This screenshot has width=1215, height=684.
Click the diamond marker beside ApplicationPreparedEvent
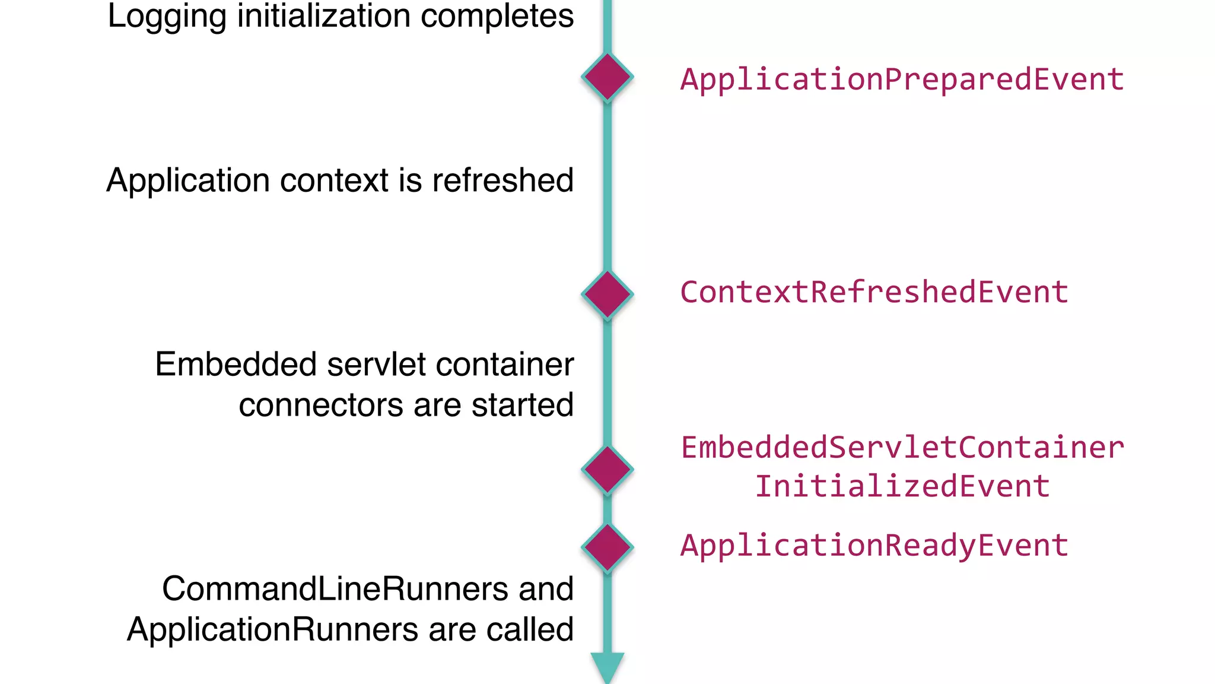click(x=607, y=77)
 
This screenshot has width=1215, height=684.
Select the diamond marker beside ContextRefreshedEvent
click(x=607, y=294)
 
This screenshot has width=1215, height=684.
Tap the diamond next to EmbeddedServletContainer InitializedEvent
click(x=607, y=469)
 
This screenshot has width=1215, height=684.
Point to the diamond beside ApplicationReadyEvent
click(x=607, y=547)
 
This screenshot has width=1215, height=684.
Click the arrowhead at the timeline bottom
click(x=607, y=666)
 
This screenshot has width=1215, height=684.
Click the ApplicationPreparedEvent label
click(x=902, y=80)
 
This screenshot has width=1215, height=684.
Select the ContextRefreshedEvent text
click(x=874, y=292)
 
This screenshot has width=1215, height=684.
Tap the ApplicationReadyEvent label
click(x=874, y=545)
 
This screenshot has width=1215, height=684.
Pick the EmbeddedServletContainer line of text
click(x=902, y=447)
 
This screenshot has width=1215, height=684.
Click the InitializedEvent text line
click(x=902, y=486)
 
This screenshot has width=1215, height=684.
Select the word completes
click(x=497, y=17)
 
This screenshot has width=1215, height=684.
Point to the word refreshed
click(x=502, y=180)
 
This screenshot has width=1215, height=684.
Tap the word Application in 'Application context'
click(x=188, y=180)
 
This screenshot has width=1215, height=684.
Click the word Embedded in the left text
click(x=236, y=364)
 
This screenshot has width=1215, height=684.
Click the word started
click(x=523, y=405)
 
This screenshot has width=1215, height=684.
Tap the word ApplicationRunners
click(x=272, y=629)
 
